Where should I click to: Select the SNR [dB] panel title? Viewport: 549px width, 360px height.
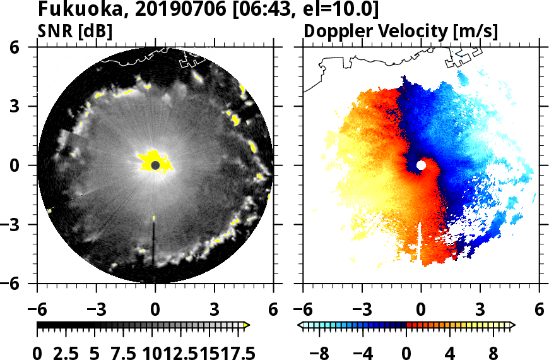click(x=76, y=30)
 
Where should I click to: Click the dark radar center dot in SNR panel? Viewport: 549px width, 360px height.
click(x=155, y=165)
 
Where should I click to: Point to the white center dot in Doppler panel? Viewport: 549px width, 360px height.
click(x=421, y=165)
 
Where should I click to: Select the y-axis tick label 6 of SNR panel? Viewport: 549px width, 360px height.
click(x=28, y=47)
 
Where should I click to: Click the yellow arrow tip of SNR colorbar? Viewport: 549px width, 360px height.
click(x=247, y=325)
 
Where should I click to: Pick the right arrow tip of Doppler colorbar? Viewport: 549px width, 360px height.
click(x=512, y=325)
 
